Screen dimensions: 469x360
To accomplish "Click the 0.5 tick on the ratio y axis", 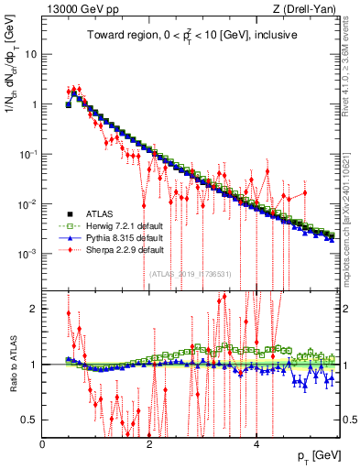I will tap(29, 420).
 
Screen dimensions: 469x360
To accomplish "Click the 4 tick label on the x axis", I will tap(256, 444).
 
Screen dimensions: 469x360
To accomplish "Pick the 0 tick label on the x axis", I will tap(43, 444).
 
